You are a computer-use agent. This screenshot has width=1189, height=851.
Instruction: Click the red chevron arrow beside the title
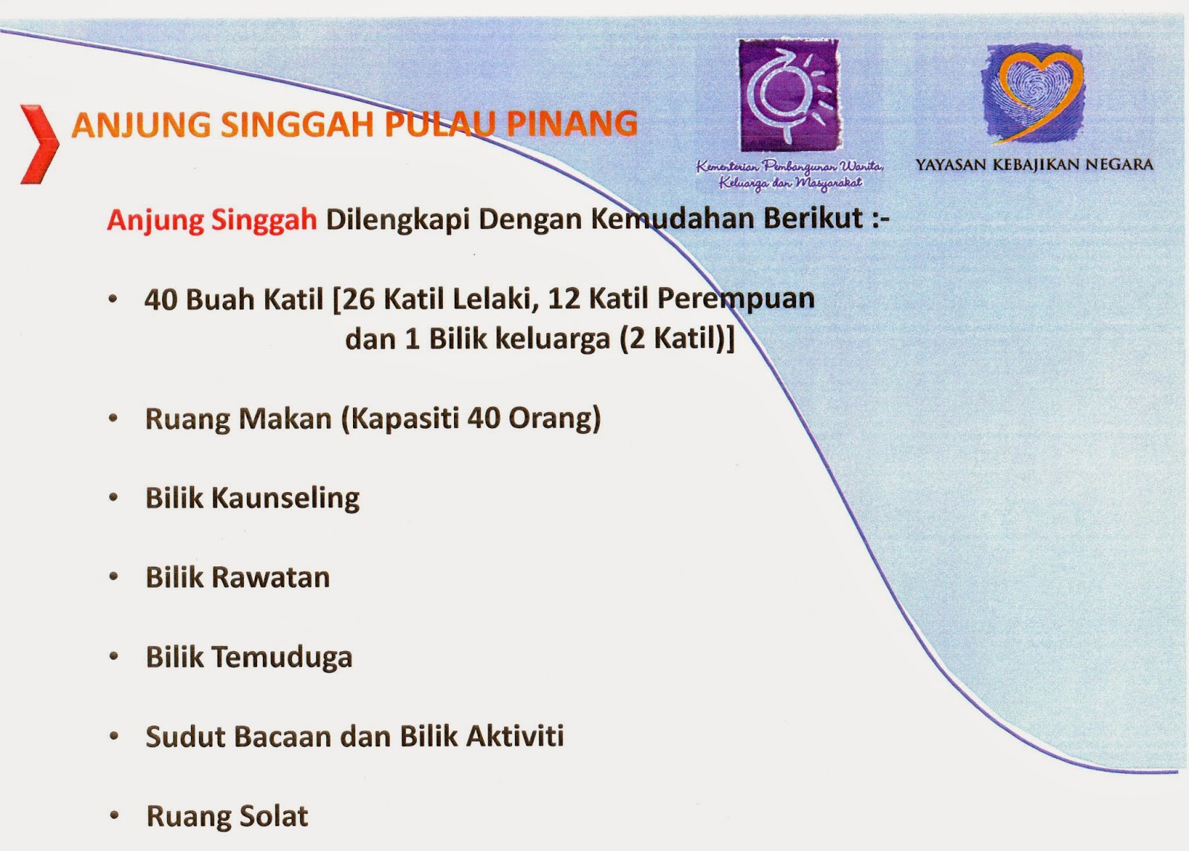pos(39,145)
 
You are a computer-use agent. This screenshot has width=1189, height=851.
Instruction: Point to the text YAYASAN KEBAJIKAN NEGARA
pos(1034,165)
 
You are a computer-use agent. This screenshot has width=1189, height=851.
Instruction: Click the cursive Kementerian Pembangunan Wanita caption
pos(779,174)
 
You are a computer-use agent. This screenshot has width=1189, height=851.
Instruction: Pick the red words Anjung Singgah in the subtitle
pos(212,221)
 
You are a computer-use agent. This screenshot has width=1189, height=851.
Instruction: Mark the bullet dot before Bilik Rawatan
pos(114,577)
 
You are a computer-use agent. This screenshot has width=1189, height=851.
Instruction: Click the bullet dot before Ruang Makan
pos(114,419)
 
